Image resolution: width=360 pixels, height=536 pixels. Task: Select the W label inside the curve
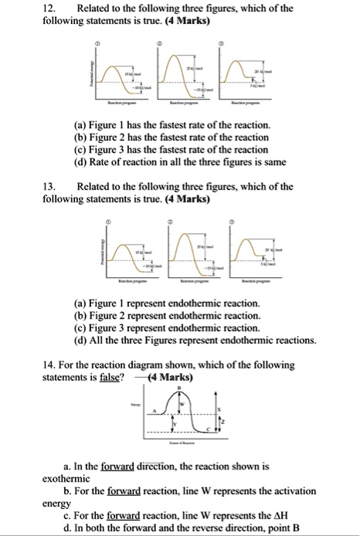[183, 405]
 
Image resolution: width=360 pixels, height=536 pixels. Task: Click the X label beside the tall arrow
[221, 409]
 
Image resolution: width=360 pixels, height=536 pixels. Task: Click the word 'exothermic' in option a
[70, 479]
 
